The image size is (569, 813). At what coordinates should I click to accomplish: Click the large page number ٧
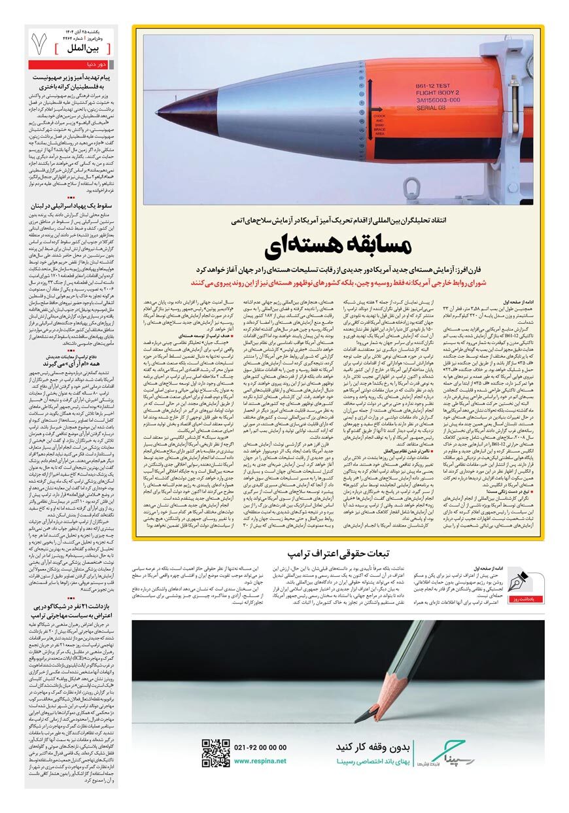coord(39,43)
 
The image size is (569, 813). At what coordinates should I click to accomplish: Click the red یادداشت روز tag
coord(520,599)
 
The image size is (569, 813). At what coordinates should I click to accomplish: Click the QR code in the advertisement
coord(215,752)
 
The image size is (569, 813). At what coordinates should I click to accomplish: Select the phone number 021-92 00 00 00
coord(260,747)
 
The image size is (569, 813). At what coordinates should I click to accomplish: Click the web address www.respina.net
coord(260,761)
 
